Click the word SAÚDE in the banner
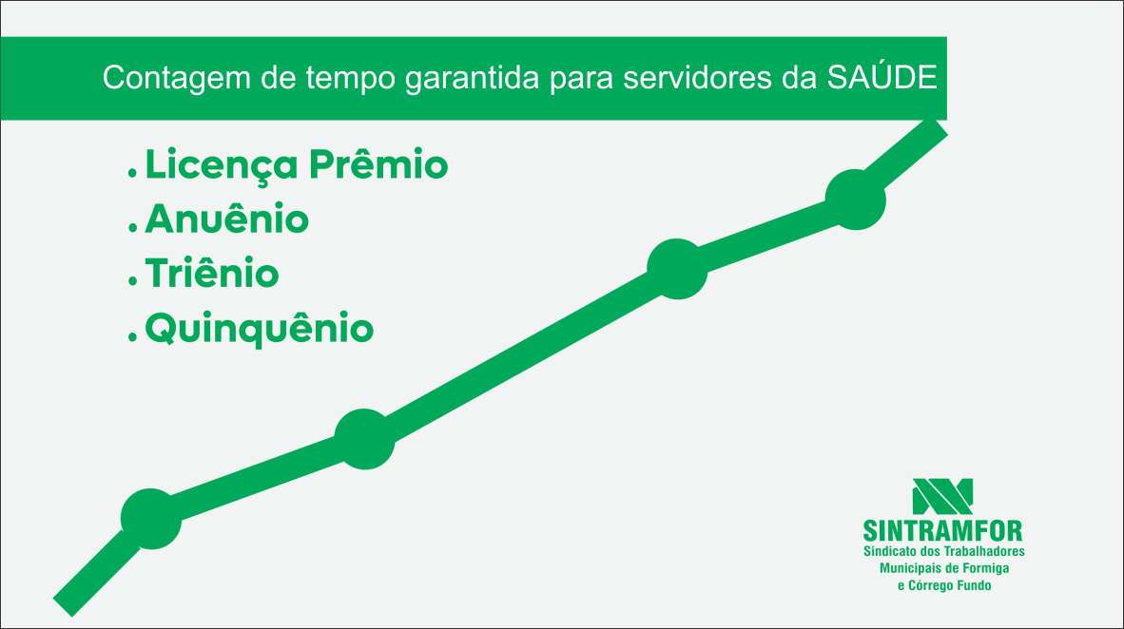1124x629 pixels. pos(882,76)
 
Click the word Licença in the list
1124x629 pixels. pos(222,165)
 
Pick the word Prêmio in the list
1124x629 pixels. pos(378,164)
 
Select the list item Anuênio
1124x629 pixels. pos(226,219)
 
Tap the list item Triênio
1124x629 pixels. pos(212,273)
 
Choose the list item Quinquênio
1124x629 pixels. pos(260,329)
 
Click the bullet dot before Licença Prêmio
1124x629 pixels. pos(132,173)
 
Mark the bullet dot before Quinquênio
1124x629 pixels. pos(132,336)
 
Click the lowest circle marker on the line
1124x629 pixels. pos(151,519)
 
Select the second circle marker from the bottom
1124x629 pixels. pos(365,439)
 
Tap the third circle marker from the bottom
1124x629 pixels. pos(677,269)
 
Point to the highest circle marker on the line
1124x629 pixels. pos(856,200)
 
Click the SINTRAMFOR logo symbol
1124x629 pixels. pos(942,497)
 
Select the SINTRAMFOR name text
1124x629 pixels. pos(942,531)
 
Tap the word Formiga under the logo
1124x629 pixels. pos(986,569)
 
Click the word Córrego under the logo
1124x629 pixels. pos(930,585)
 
